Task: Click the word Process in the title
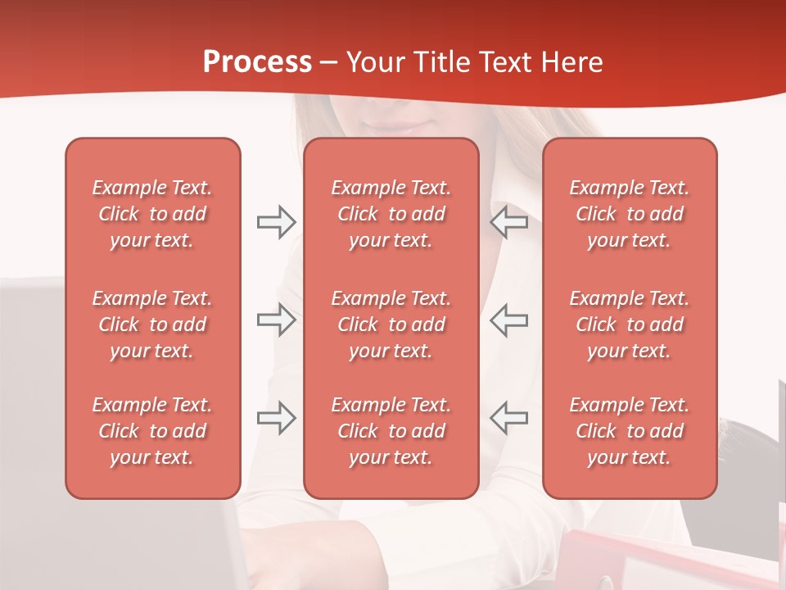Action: pyautogui.click(x=257, y=62)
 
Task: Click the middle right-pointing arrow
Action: pyautogui.click(x=276, y=320)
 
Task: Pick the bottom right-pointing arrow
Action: pyautogui.click(x=276, y=418)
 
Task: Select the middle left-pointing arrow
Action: pyautogui.click(x=508, y=320)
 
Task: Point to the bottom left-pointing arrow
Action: pyautogui.click(x=508, y=418)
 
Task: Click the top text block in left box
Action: pyautogui.click(x=152, y=214)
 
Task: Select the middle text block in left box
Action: pyautogui.click(x=152, y=324)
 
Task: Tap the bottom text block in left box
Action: pyautogui.click(x=152, y=431)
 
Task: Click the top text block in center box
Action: pyautogui.click(x=391, y=214)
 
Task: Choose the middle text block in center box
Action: pyautogui.click(x=391, y=324)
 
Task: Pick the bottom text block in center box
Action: pyautogui.click(x=391, y=431)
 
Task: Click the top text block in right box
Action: pyautogui.click(x=629, y=214)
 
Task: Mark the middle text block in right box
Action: pyautogui.click(x=629, y=324)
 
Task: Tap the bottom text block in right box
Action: pyautogui.click(x=629, y=431)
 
